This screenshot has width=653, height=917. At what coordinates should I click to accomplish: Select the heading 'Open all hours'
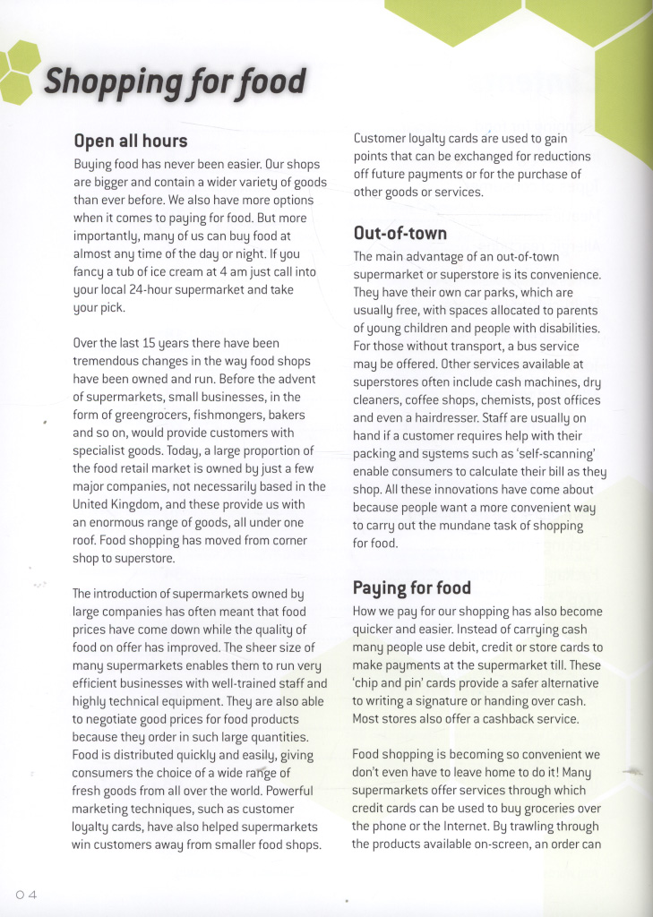[130, 141]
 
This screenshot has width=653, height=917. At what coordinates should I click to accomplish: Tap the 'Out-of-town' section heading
[400, 233]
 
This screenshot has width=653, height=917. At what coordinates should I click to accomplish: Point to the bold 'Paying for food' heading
[411, 587]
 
